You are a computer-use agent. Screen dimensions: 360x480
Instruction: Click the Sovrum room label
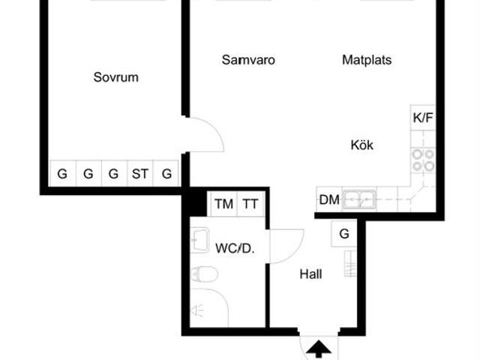[x=115, y=77]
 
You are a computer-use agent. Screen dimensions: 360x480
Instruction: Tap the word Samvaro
[x=247, y=60]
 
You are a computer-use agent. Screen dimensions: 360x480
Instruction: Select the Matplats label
[x=367, y=60]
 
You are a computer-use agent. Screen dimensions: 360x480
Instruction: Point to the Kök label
[x=361, y=145]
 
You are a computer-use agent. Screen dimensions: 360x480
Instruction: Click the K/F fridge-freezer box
[x=422, y=118]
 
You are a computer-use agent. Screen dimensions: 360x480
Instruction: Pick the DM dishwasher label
[x=328, y=199]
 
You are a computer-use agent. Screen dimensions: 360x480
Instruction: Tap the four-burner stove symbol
[x=422, y=160]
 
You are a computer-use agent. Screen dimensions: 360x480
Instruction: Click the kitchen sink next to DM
[x=359, y=199]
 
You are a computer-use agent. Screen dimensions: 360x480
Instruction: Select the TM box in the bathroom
[x=223, y=203]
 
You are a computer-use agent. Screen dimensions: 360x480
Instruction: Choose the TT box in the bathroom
[x=250, y=203]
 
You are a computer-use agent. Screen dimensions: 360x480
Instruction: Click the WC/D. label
[x=235, y=247]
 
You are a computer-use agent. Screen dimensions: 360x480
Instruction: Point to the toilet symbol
[x=203, y=274]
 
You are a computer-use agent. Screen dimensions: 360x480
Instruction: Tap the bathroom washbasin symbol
[x=200, y=240]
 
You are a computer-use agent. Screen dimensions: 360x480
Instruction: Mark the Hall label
[x=310, y=274]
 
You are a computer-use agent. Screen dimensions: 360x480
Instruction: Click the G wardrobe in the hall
[x=344, y=234]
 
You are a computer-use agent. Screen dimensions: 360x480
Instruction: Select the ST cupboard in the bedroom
[x=140, y=174]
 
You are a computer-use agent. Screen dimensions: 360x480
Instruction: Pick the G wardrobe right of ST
[x=166, y=174]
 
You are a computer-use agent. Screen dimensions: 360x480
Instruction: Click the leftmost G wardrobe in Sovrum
[x=62, y=174]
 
